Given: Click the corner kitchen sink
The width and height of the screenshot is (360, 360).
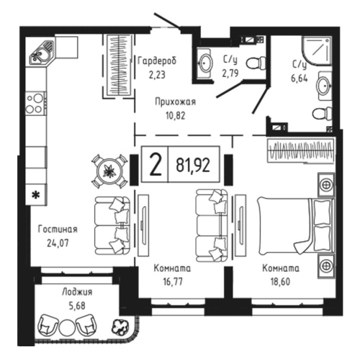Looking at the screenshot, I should coord(41,51).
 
